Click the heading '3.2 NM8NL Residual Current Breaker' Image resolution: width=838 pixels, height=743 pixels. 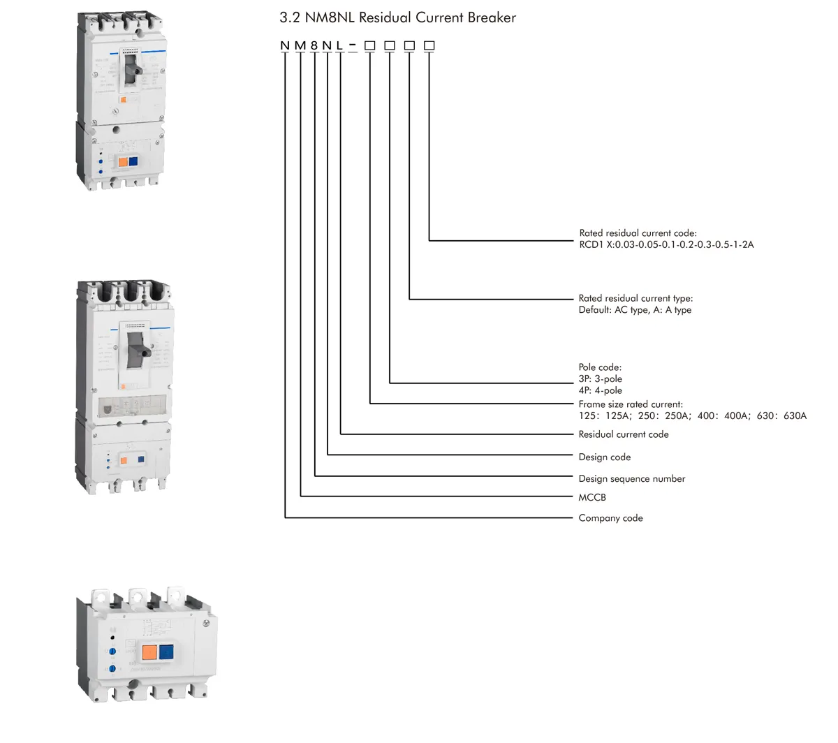397,18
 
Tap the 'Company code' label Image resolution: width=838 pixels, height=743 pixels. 610,518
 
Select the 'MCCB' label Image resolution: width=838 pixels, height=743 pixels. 592,497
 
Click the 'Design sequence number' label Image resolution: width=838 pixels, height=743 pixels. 631,478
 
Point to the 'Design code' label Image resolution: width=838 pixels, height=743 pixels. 604,457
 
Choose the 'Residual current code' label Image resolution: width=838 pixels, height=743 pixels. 623,434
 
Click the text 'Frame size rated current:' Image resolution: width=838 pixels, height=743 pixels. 630,404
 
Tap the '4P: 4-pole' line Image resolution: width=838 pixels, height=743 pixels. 600,391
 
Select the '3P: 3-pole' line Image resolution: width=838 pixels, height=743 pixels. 600,379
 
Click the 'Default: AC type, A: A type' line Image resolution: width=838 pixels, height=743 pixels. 635,310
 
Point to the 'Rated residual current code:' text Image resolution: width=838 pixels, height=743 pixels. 638,233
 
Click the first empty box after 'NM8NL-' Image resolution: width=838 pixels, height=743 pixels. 370,46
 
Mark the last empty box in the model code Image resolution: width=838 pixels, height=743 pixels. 429,46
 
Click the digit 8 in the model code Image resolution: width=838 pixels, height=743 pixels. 314,46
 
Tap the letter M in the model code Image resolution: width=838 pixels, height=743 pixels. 300,46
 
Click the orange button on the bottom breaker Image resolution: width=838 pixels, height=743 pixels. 149,653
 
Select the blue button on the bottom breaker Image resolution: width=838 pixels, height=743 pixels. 166,653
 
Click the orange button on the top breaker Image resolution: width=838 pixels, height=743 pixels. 122,161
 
